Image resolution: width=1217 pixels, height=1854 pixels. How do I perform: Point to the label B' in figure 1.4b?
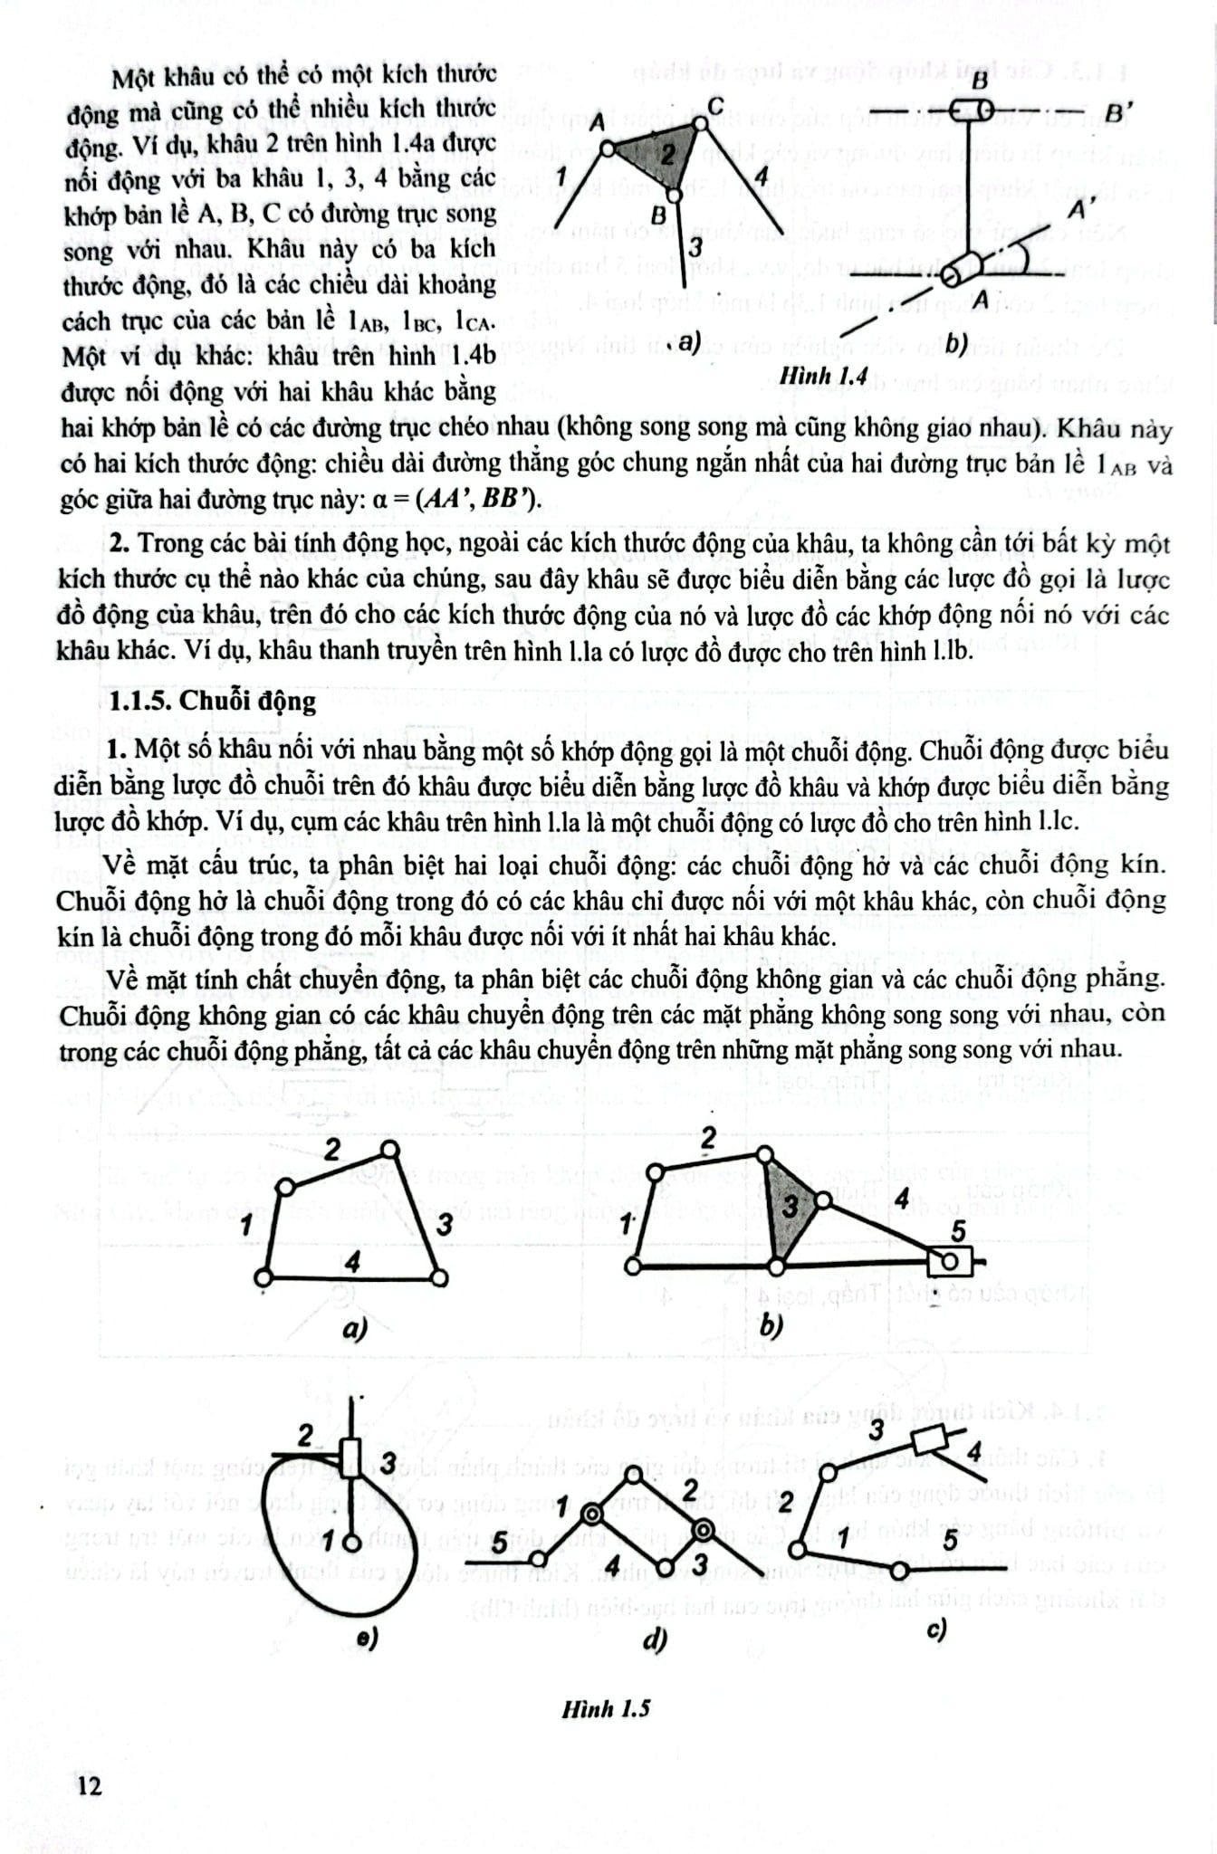[x=1115, y=115]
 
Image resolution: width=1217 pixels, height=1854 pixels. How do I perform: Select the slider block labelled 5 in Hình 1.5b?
[x=950, y=1261]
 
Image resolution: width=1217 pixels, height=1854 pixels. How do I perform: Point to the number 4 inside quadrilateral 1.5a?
[x=352, y=1260]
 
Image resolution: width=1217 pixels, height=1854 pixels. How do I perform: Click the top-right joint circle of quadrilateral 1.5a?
[x=389, y=1149]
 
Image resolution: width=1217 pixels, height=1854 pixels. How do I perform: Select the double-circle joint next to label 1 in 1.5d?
[x=591, y=1514]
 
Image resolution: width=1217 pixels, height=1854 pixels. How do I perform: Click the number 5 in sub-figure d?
[x=499, y=1544]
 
